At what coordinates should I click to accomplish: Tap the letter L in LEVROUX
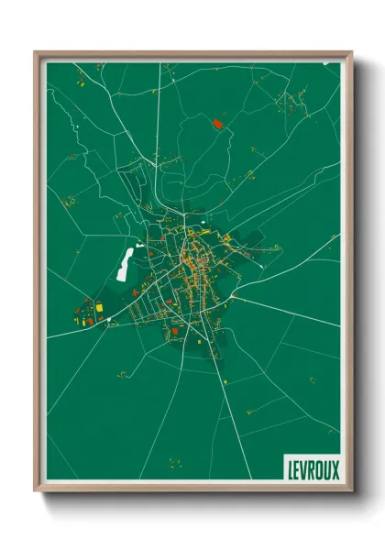click(288, 468)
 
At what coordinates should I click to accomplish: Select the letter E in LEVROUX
click(295, 468)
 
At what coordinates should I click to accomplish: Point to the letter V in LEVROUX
click(302, 468)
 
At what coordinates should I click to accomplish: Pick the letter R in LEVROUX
click(311, 468)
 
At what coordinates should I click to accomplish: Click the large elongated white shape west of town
click(124, 263)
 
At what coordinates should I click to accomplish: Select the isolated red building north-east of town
click(217, 123)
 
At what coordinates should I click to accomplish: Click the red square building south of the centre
click(174, 330)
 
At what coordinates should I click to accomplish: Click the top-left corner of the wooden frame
click(36, 53)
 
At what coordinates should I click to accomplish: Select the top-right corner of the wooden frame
click(351, 53)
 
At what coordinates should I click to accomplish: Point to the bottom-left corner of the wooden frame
click(36, 492)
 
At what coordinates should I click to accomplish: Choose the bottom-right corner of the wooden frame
click(351, 492)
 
